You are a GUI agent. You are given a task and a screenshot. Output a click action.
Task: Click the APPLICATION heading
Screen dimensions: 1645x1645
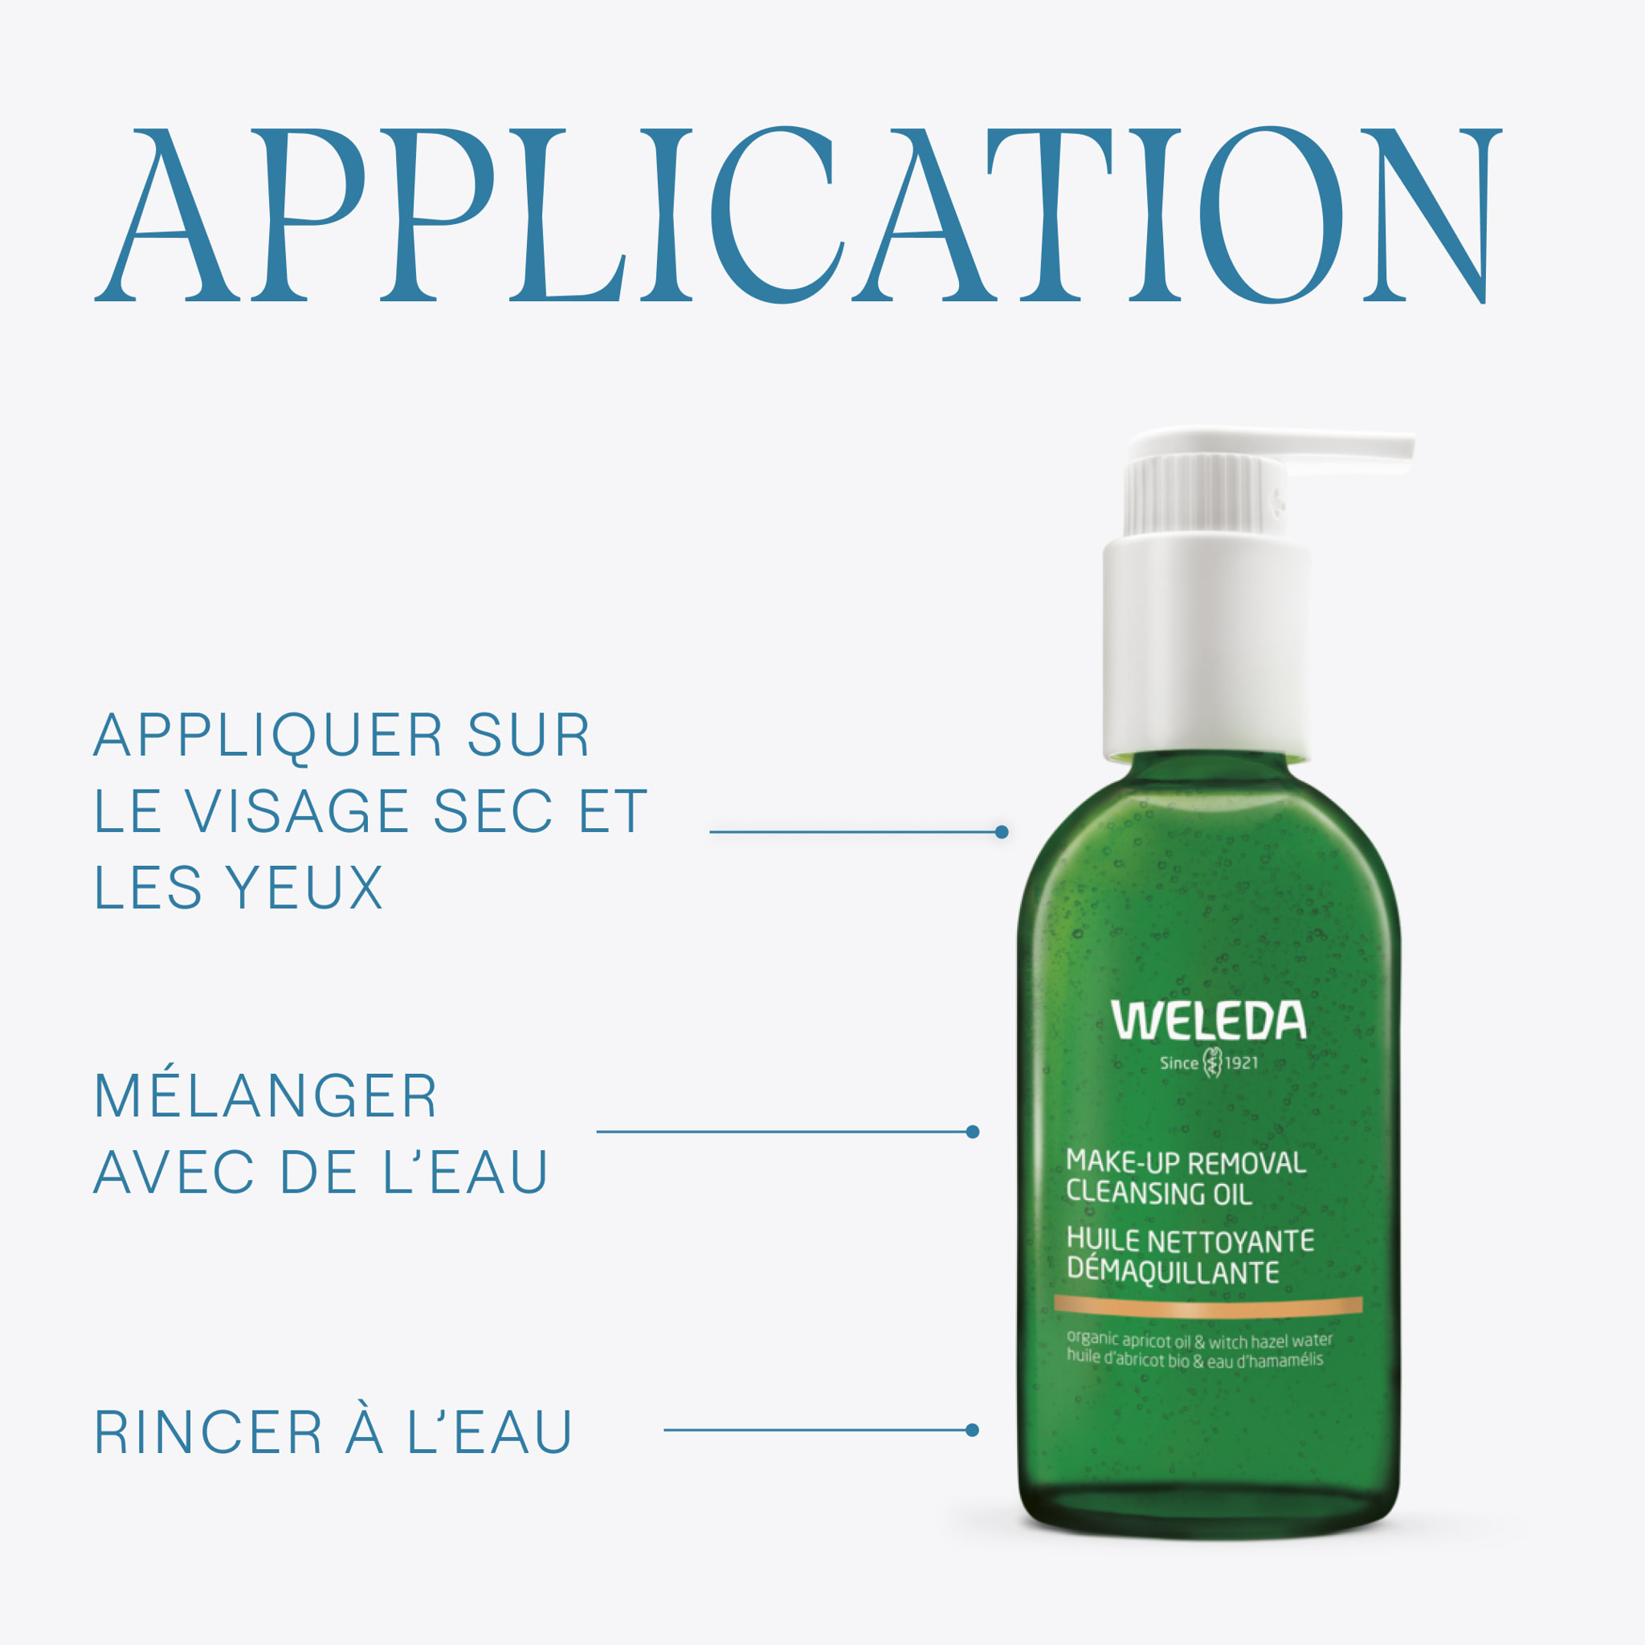(798, 214)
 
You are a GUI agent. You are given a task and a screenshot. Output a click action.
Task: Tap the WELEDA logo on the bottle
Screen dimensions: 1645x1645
(1208, 1021)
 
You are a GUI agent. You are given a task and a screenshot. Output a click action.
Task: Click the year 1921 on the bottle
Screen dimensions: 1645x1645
(1240, 1063)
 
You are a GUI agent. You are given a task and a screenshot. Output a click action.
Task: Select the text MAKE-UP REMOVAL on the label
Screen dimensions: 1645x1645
(1186, 1162)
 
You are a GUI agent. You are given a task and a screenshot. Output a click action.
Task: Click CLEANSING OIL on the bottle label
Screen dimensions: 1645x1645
(1159, 1192)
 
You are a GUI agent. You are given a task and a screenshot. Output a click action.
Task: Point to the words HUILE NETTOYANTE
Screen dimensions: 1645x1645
(1190, 1240)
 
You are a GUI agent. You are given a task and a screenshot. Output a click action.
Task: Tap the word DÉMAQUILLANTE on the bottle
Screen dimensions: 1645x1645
(1173, 1272)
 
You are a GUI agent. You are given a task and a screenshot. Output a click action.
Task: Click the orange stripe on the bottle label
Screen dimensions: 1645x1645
(1208, 1304)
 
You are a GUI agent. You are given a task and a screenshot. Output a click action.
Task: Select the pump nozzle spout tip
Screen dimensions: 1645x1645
(1409, 449)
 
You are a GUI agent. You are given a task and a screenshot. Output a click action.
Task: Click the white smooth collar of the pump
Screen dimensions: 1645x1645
(1206, 647)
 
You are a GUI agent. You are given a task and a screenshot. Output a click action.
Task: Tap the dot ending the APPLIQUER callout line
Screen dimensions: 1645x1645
(1002, 832)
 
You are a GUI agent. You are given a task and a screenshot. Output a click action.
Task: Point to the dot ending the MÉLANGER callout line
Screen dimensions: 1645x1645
(973, 1132)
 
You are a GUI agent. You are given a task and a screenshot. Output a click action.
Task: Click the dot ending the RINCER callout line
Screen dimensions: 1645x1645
(973, 1431)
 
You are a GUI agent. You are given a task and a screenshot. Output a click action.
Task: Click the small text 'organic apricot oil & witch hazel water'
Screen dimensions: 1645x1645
(1200, 1341)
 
